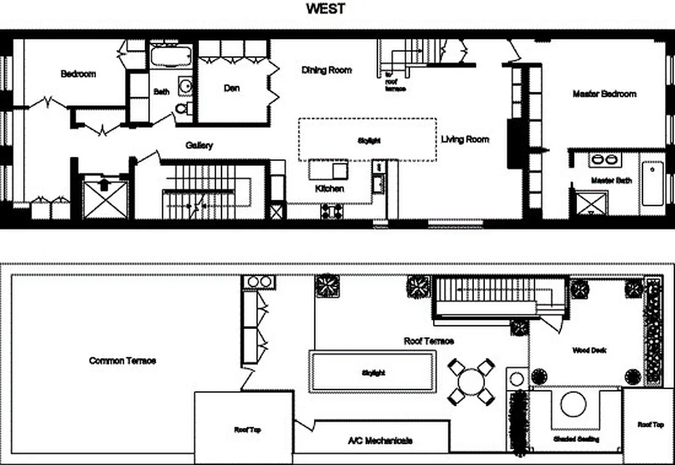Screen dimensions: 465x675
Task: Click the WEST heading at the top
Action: tap(326, 9)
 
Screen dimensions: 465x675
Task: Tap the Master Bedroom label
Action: tap(604, 94)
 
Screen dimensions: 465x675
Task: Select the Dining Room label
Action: tap(326, 70)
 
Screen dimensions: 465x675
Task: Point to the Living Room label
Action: tap(465, 139)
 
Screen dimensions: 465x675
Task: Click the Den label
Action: tap(231, 88)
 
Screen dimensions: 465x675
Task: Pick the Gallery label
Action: tap(199, 145)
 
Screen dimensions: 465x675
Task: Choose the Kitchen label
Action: tap(329, 189)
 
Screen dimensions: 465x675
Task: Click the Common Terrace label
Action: tap(122, 360)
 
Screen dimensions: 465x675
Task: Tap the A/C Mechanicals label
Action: tap(380, 441)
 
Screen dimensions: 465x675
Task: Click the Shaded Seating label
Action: tap(576, 439)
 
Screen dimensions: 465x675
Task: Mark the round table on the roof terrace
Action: tap(471, 382)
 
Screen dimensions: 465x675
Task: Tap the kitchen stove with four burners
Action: tap(331, 211)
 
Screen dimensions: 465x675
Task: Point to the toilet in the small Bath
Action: tap(182, 109)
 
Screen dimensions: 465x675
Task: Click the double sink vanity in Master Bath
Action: tap(605, 159)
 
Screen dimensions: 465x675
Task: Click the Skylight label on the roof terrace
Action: tap(373, 373)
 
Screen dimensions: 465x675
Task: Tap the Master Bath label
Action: tap(611, 181)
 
